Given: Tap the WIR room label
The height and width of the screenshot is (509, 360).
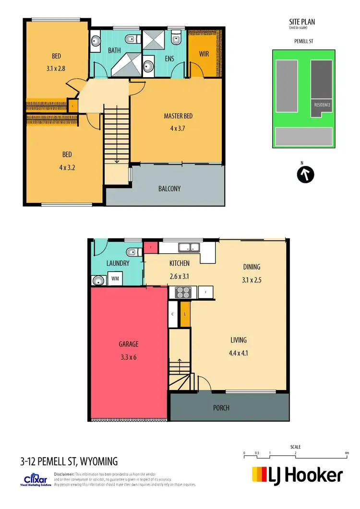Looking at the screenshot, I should coord(204,54).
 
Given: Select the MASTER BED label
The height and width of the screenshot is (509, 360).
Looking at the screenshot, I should coord(178,116).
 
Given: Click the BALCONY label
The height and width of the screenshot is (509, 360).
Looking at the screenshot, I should coord(169,189).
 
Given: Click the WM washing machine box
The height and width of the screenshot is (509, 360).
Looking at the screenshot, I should coord(115,279).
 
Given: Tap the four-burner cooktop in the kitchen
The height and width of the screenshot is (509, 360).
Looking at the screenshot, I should coord(182,292).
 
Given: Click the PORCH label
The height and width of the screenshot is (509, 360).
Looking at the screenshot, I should coord(221,408).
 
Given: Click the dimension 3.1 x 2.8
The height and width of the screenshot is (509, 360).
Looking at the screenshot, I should coord(56,68).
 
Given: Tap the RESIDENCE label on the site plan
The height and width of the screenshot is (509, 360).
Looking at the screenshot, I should coord(322,105).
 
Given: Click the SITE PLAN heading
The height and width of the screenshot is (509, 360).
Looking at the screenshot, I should coord(302,22).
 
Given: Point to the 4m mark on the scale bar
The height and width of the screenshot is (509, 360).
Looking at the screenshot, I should coord(347,453).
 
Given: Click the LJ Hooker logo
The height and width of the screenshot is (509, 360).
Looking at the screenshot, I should coord(298,475).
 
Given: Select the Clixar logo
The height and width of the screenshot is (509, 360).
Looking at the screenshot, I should coord(37,479).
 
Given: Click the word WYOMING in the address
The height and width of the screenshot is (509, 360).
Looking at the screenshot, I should coord(98,462).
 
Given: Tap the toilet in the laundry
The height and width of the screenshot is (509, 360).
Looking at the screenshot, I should coord(131,251).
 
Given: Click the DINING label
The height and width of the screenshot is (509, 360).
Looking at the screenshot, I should coord(251,267).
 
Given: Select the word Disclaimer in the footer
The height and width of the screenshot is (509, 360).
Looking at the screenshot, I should coord(64,474).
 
